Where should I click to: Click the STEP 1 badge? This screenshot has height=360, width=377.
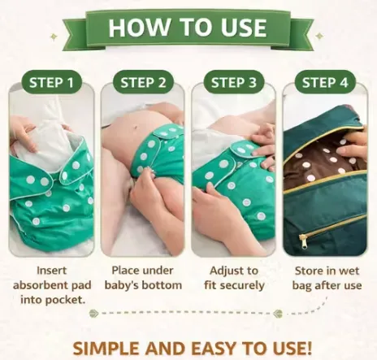(51, 82)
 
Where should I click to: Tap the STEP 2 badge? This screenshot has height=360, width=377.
(143, 82)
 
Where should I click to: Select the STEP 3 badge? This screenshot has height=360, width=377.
(234, 82)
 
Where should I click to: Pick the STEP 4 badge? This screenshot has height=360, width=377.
(325, 82)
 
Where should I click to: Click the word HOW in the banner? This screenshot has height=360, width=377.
(138, 28)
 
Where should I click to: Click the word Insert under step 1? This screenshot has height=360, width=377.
(51, 271)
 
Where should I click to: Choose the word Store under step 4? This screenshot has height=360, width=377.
(310, 271)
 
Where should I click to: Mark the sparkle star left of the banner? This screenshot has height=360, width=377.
(54, 37)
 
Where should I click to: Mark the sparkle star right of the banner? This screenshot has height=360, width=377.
(320, 36)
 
